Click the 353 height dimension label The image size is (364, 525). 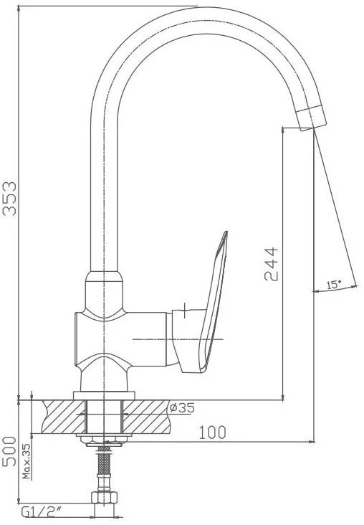tap(9, 199)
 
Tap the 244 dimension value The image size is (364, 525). tap(271, 264)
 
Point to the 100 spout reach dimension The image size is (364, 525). tap(212, 432)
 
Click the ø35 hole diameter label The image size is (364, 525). tap(182, 407)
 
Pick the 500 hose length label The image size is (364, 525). tap(9, 451)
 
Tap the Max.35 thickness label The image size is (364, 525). tap(27, 461)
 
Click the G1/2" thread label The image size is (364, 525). tap(42, 511)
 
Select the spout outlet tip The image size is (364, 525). tap(312, 118)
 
